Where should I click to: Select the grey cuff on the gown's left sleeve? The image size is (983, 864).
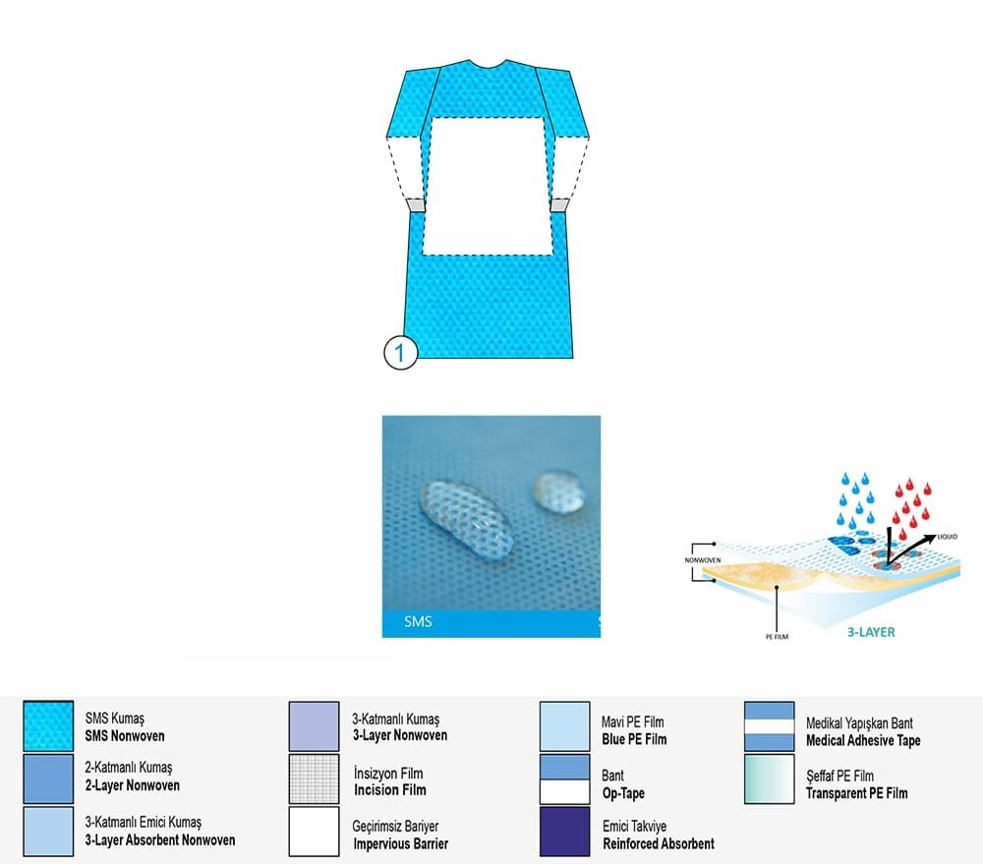[x=415, y=205]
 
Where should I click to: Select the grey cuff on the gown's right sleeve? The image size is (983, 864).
[x=559, y=204]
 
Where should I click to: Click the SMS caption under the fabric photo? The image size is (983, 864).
[x=418, y=622]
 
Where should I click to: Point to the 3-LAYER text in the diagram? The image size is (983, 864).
[x=872, y=632]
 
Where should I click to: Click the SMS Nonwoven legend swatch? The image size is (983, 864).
[x=48, y=727]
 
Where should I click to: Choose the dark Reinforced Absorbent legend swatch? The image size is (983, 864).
[x=565, y=833]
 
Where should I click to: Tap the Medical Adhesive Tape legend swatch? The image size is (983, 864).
[x=770, y=726]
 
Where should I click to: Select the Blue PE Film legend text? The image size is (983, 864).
[x=634, y=730]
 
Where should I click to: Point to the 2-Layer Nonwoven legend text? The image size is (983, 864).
[x=132, y=777]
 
